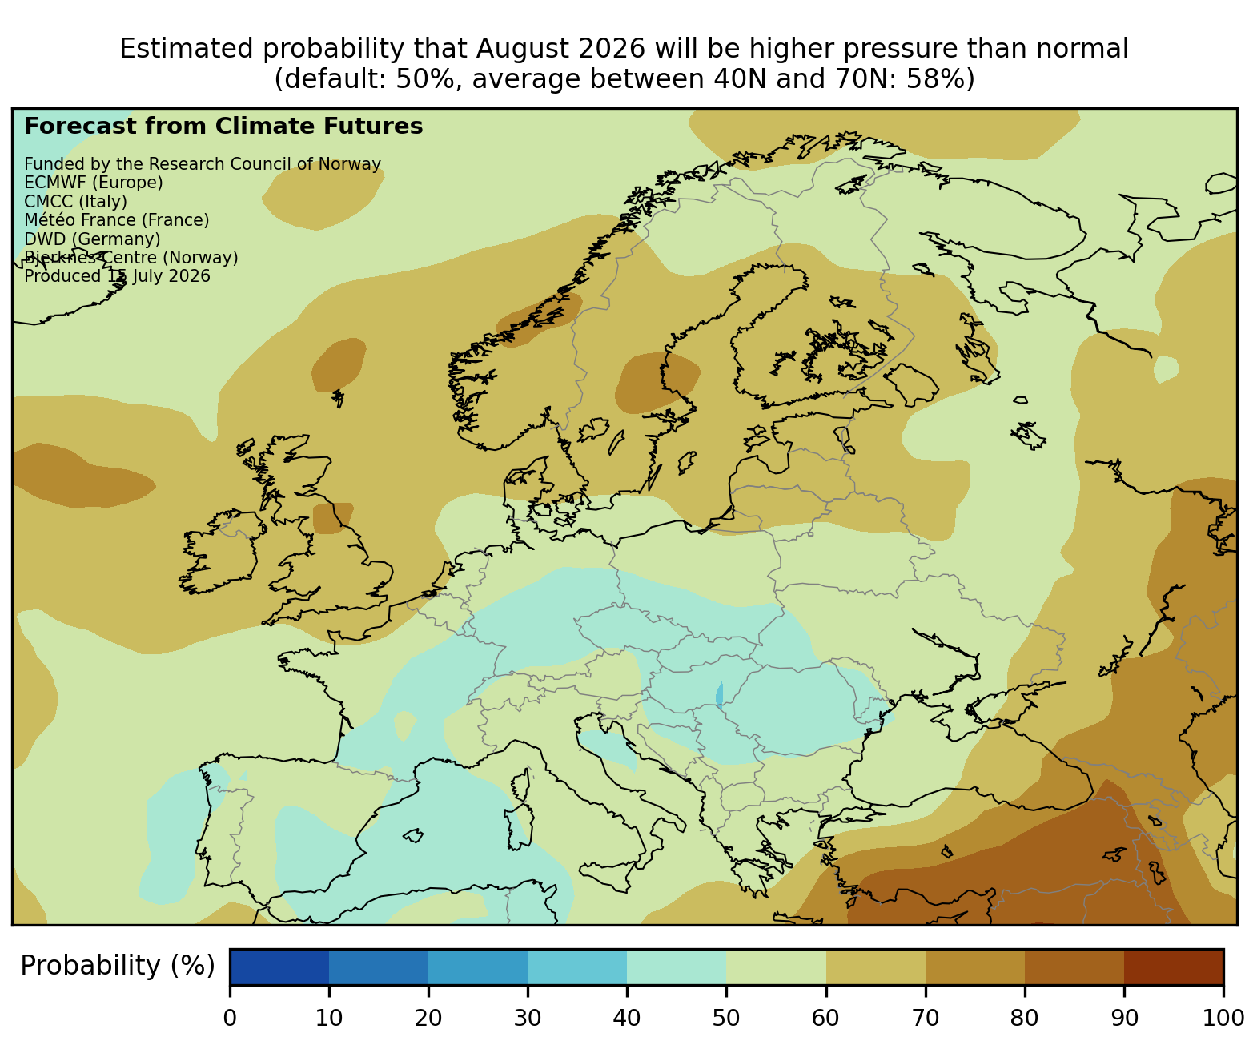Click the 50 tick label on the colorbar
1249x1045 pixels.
pos(725,1018)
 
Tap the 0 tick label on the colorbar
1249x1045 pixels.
pos(230,1018)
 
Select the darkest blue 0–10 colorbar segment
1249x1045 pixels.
pos(279,967)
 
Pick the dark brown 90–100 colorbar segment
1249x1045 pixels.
pos(1174,967)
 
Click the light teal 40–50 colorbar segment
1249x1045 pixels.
pos(677,967)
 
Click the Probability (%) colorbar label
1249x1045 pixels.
pos(118,966)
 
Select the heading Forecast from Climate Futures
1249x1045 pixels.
pos(223,127)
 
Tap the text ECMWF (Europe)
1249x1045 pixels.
pos(94,183)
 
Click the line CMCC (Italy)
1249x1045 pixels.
pos(75,202)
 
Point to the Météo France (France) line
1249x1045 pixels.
pos(117,220)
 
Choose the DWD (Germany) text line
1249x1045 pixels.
pos(92,239)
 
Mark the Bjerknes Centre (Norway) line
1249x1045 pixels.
pos(131,258)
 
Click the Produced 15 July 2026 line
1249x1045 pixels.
pos(117,276)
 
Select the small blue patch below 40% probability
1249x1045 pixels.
pos(720,694)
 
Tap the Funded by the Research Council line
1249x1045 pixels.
pos(203,164)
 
